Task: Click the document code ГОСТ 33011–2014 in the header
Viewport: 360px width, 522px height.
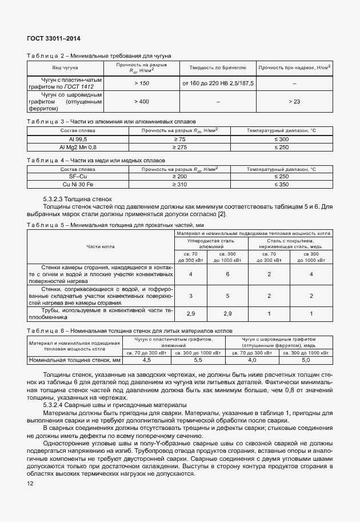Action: pos(53,38)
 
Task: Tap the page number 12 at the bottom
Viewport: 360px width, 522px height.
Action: pos(30,484)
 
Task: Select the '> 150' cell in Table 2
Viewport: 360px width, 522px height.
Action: pos(141,83)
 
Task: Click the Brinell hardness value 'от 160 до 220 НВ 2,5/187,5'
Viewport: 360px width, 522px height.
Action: pos(218,83)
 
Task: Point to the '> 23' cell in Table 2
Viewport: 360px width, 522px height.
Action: pos(294,101)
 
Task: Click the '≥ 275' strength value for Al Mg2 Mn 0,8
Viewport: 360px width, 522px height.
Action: pos(179,148)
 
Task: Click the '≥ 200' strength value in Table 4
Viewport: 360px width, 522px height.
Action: pos(179,177)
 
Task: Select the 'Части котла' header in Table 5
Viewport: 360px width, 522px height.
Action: pos(101,247)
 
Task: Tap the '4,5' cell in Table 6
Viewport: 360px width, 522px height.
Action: pos(146,360)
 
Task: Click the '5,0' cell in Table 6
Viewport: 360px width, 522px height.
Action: pos(306,360)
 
